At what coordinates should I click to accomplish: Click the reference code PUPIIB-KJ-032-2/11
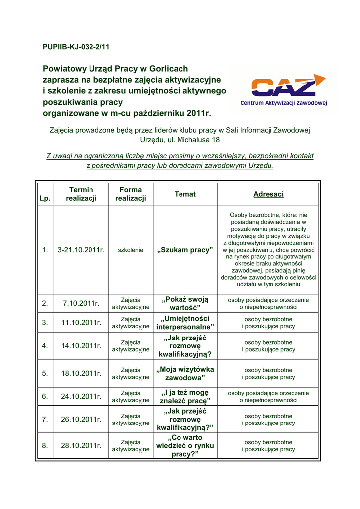point(76,47)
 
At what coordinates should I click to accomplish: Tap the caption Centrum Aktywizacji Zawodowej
point(283,103)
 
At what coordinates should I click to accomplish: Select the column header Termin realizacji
point(81,194)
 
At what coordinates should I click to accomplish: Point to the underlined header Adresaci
point(269,194)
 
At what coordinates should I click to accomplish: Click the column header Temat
point(185,194)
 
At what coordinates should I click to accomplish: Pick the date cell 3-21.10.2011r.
point(81,250)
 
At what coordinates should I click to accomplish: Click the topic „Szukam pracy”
point(185,250)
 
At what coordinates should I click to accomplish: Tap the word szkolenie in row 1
point(131,250)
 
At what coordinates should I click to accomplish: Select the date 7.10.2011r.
point(81,303)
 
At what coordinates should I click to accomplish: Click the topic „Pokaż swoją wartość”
point(185,303)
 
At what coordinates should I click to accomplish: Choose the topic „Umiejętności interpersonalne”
point(185,322)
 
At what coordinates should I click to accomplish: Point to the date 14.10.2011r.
point(81,346)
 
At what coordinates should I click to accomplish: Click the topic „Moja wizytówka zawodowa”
point(185,373)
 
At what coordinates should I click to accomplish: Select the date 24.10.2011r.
point(81,396)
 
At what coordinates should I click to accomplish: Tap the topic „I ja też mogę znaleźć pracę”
point(185,396)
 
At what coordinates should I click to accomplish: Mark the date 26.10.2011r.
point(81,419)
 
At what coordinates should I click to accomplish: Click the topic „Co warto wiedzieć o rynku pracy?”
point(185,446)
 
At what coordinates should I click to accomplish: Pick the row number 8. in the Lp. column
point(45,446)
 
